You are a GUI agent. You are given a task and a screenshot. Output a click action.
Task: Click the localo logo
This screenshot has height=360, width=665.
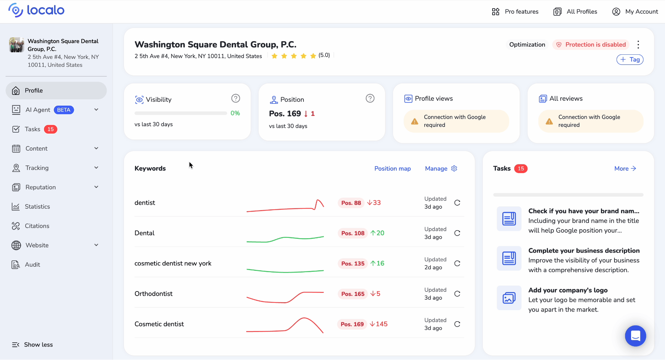coord(36,10)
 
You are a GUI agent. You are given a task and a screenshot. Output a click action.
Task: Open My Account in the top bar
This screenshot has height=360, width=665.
coord(635,11)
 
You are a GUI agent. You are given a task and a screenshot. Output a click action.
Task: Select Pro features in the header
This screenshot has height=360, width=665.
coord(515,11)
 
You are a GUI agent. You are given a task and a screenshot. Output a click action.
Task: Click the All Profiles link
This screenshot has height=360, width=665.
coord(575,11)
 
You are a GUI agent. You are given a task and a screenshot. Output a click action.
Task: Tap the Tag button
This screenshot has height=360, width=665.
coord(630,60)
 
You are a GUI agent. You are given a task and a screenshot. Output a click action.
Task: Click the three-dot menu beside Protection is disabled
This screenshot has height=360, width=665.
coord(638,45)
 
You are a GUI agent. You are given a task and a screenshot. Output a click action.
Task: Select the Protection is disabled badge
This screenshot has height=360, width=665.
coord(591,45)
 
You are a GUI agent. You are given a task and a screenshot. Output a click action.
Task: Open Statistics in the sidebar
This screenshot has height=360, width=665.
coord(37,207)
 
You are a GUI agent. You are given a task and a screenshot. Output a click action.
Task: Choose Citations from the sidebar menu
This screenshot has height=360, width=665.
coord(37,226)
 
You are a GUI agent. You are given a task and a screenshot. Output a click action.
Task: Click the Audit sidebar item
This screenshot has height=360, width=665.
coord(32,265)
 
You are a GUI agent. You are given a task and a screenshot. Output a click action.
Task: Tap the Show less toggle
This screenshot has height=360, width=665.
coord(33,345)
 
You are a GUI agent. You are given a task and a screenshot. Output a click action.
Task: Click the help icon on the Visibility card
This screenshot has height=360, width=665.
coord(236,99)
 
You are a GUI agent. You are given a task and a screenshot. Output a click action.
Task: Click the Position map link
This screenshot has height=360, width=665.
coord(392,169)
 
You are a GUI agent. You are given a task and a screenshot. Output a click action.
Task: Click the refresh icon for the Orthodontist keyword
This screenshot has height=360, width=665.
coord(457,294)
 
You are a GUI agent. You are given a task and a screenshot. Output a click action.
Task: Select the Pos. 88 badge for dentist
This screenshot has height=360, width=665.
coord(351,203)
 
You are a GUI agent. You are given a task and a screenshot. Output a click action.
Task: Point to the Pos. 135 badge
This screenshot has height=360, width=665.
coord(353,263)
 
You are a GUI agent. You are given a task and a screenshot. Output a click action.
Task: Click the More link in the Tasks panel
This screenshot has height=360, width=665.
coord(625,169)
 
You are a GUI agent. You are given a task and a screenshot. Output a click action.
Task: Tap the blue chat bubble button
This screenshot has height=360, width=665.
coord(635,336)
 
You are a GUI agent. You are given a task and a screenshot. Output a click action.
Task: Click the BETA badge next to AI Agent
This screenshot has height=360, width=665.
coord(64,110)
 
